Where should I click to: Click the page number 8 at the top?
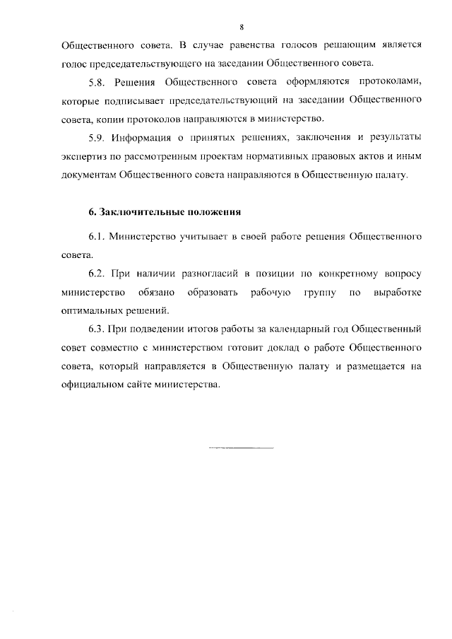click(242, 27)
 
